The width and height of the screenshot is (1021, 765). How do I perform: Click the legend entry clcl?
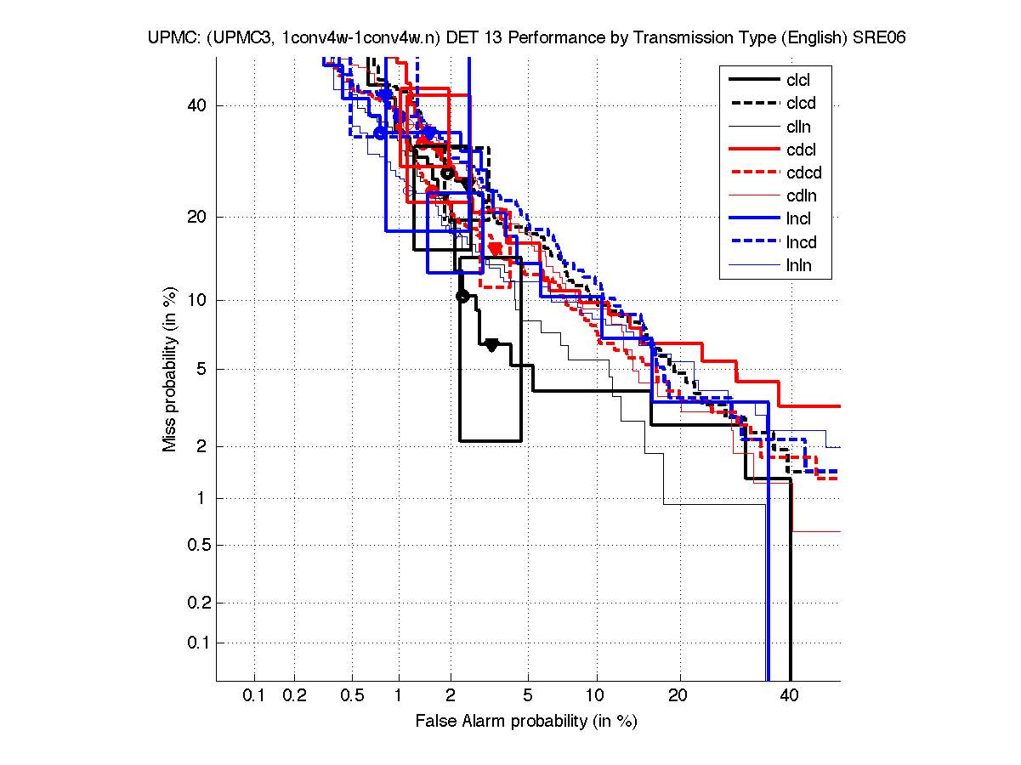click(x=798, y=80)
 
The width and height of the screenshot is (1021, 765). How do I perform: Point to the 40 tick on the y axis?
click(x=198, y=105)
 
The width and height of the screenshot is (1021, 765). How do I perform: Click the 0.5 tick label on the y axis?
click(x=195, y=545)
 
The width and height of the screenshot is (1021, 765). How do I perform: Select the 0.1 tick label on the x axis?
click(x=254, y=696)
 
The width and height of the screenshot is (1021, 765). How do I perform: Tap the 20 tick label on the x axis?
click(x=678, y=696)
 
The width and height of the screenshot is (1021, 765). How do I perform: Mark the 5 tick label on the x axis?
click(x=528, y=696)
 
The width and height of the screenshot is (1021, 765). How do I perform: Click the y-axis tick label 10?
click(x=198, y=300)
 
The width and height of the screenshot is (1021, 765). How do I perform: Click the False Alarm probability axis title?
click(x=526, y=722)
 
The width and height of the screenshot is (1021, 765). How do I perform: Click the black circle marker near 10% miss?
click(x=462, y=296)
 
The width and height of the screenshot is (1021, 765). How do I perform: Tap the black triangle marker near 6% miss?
click(x=491, y=344)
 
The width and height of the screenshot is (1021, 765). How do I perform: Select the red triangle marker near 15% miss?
click(x=495, y=248)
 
